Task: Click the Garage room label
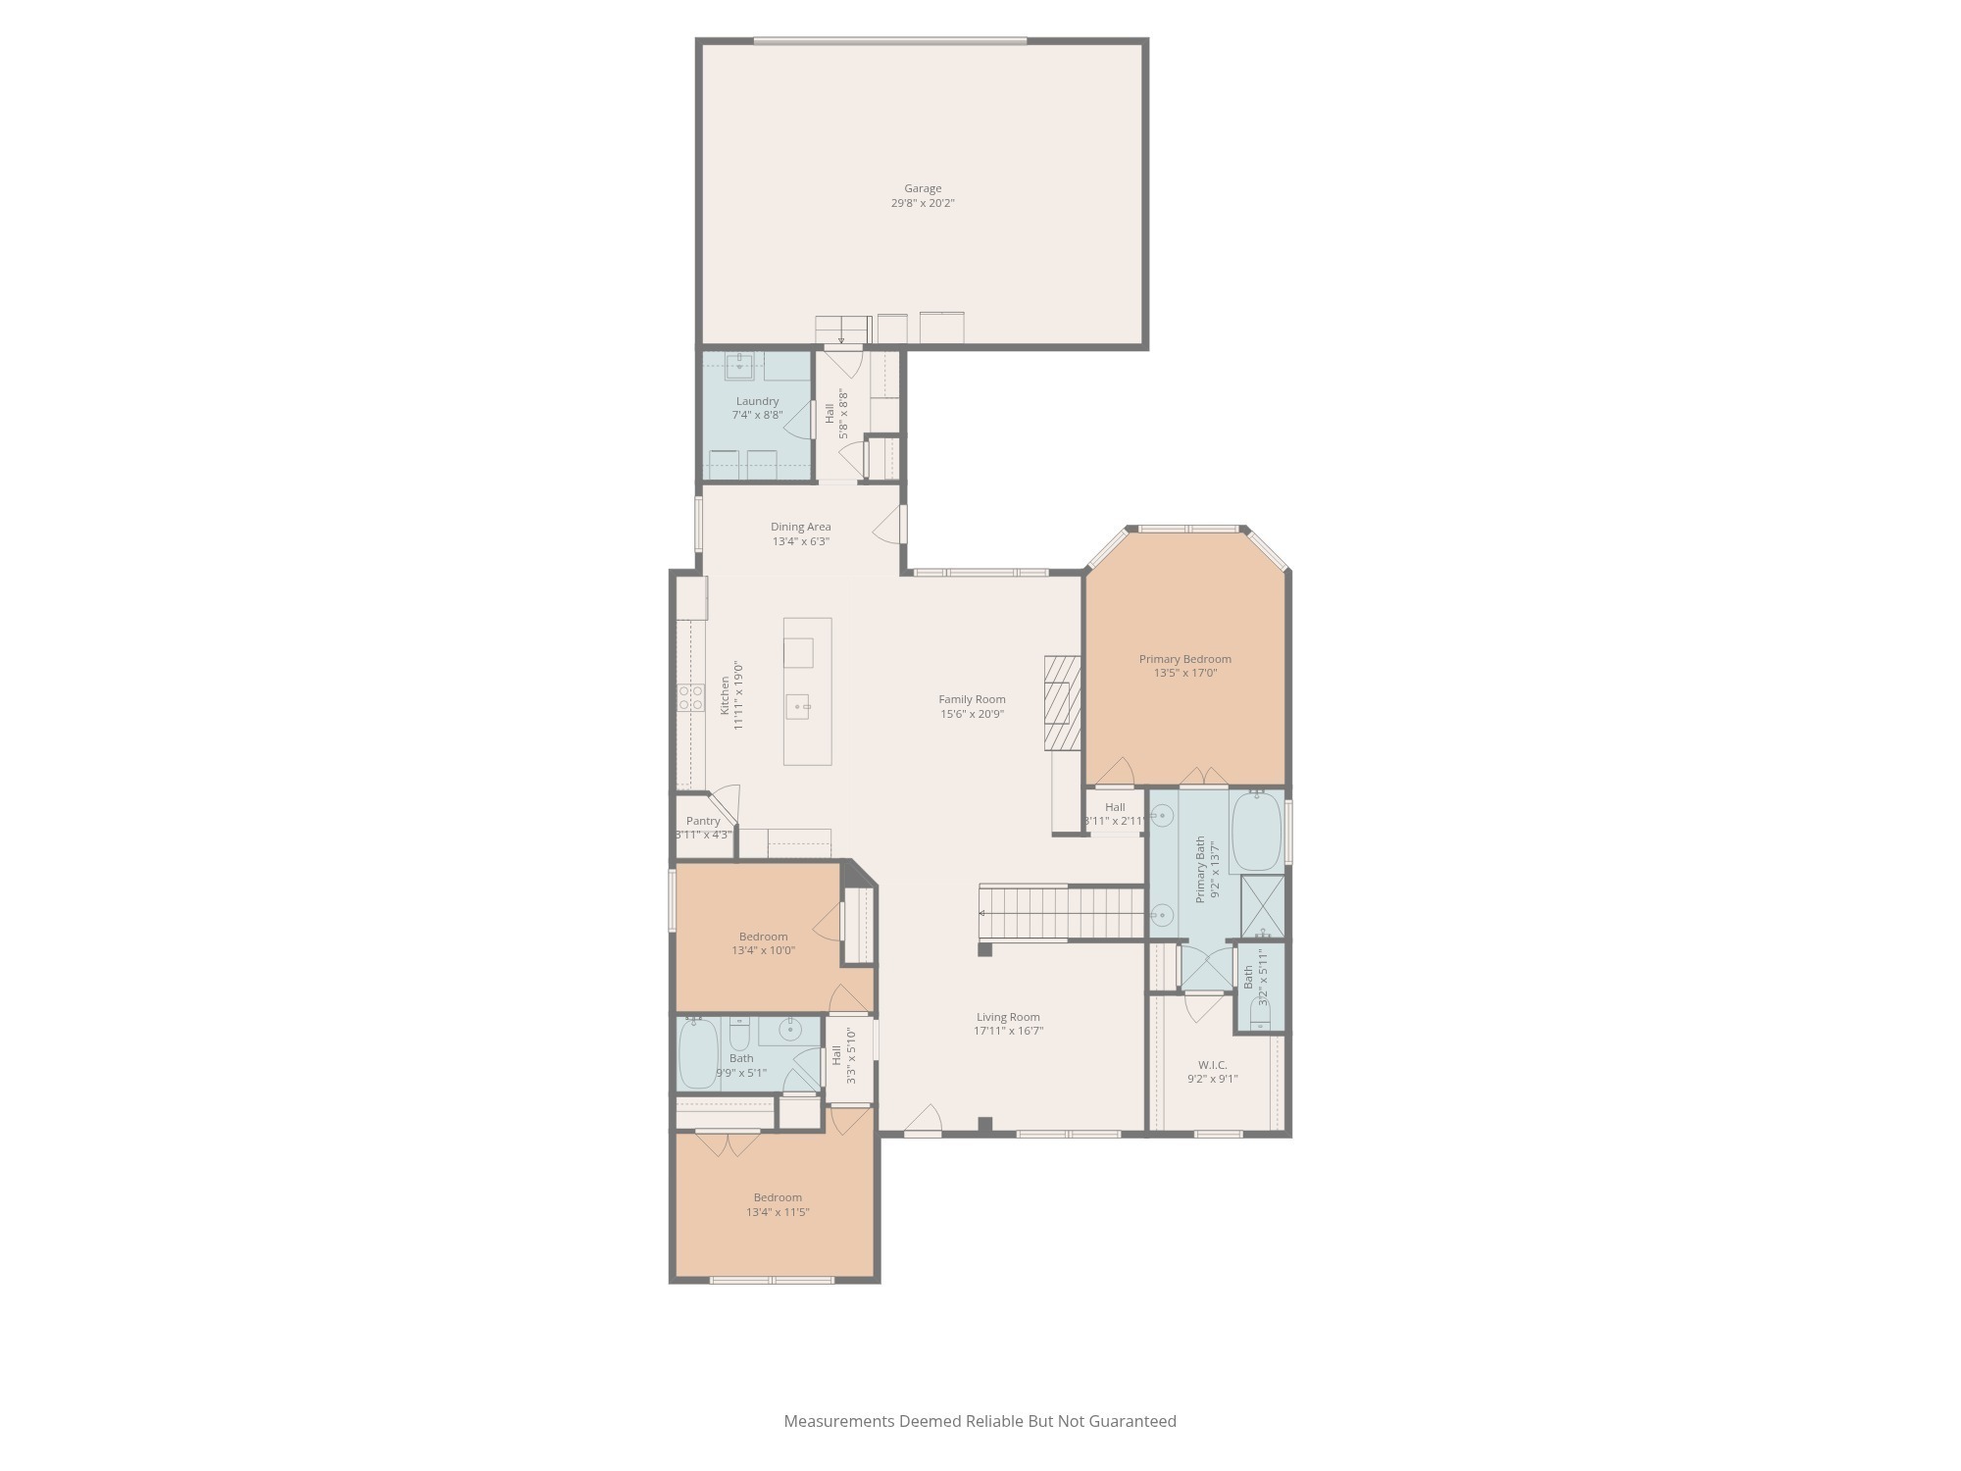click(922, 188)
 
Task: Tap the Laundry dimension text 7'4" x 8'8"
click(757, 415)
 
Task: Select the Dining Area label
click(800, 527)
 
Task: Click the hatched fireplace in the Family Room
click(1062, 702)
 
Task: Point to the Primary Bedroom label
click(1184, 659)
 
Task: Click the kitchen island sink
click(798, 706)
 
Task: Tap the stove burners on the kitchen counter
click(690, 698)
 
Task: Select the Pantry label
click(703, 821)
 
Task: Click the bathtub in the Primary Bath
click(1256, 832)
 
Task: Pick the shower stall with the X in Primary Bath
click(1262, 906)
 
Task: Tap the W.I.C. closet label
click(1212, 1065)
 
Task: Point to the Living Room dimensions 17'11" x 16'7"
click(1008, 1031)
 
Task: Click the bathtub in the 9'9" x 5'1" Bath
click(698, 1053)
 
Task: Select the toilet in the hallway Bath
click(739, 1034)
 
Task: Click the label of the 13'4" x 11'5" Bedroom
click(778, 1197)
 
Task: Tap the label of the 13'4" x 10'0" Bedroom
click(763, 937)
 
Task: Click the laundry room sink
click(739, 367)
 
